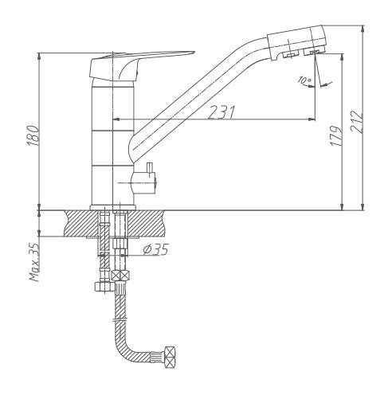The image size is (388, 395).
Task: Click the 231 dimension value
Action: (x=221, y=112)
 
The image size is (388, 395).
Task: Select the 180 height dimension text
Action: (x=33, y=135)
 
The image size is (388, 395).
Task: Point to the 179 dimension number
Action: (x=335, y=135)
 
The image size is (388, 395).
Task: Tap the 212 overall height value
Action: (x=357, y=122)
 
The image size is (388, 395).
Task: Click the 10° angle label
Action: (x=304, y=80)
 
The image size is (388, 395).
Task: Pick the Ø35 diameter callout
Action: (x=155, y=249)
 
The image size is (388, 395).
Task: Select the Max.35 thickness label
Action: (x=34, y=262)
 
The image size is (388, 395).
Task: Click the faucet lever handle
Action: (x=142, y=65)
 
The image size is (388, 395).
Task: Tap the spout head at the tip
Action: (x=296, y=42)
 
